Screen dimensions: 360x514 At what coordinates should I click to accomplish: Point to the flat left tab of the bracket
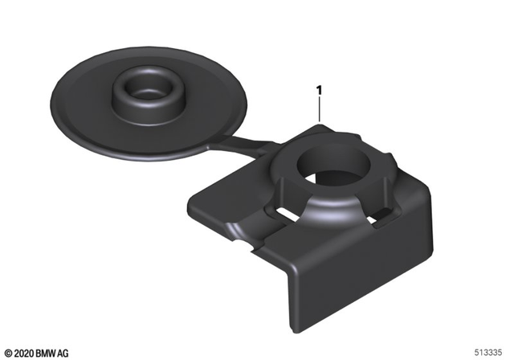point(221,197)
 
